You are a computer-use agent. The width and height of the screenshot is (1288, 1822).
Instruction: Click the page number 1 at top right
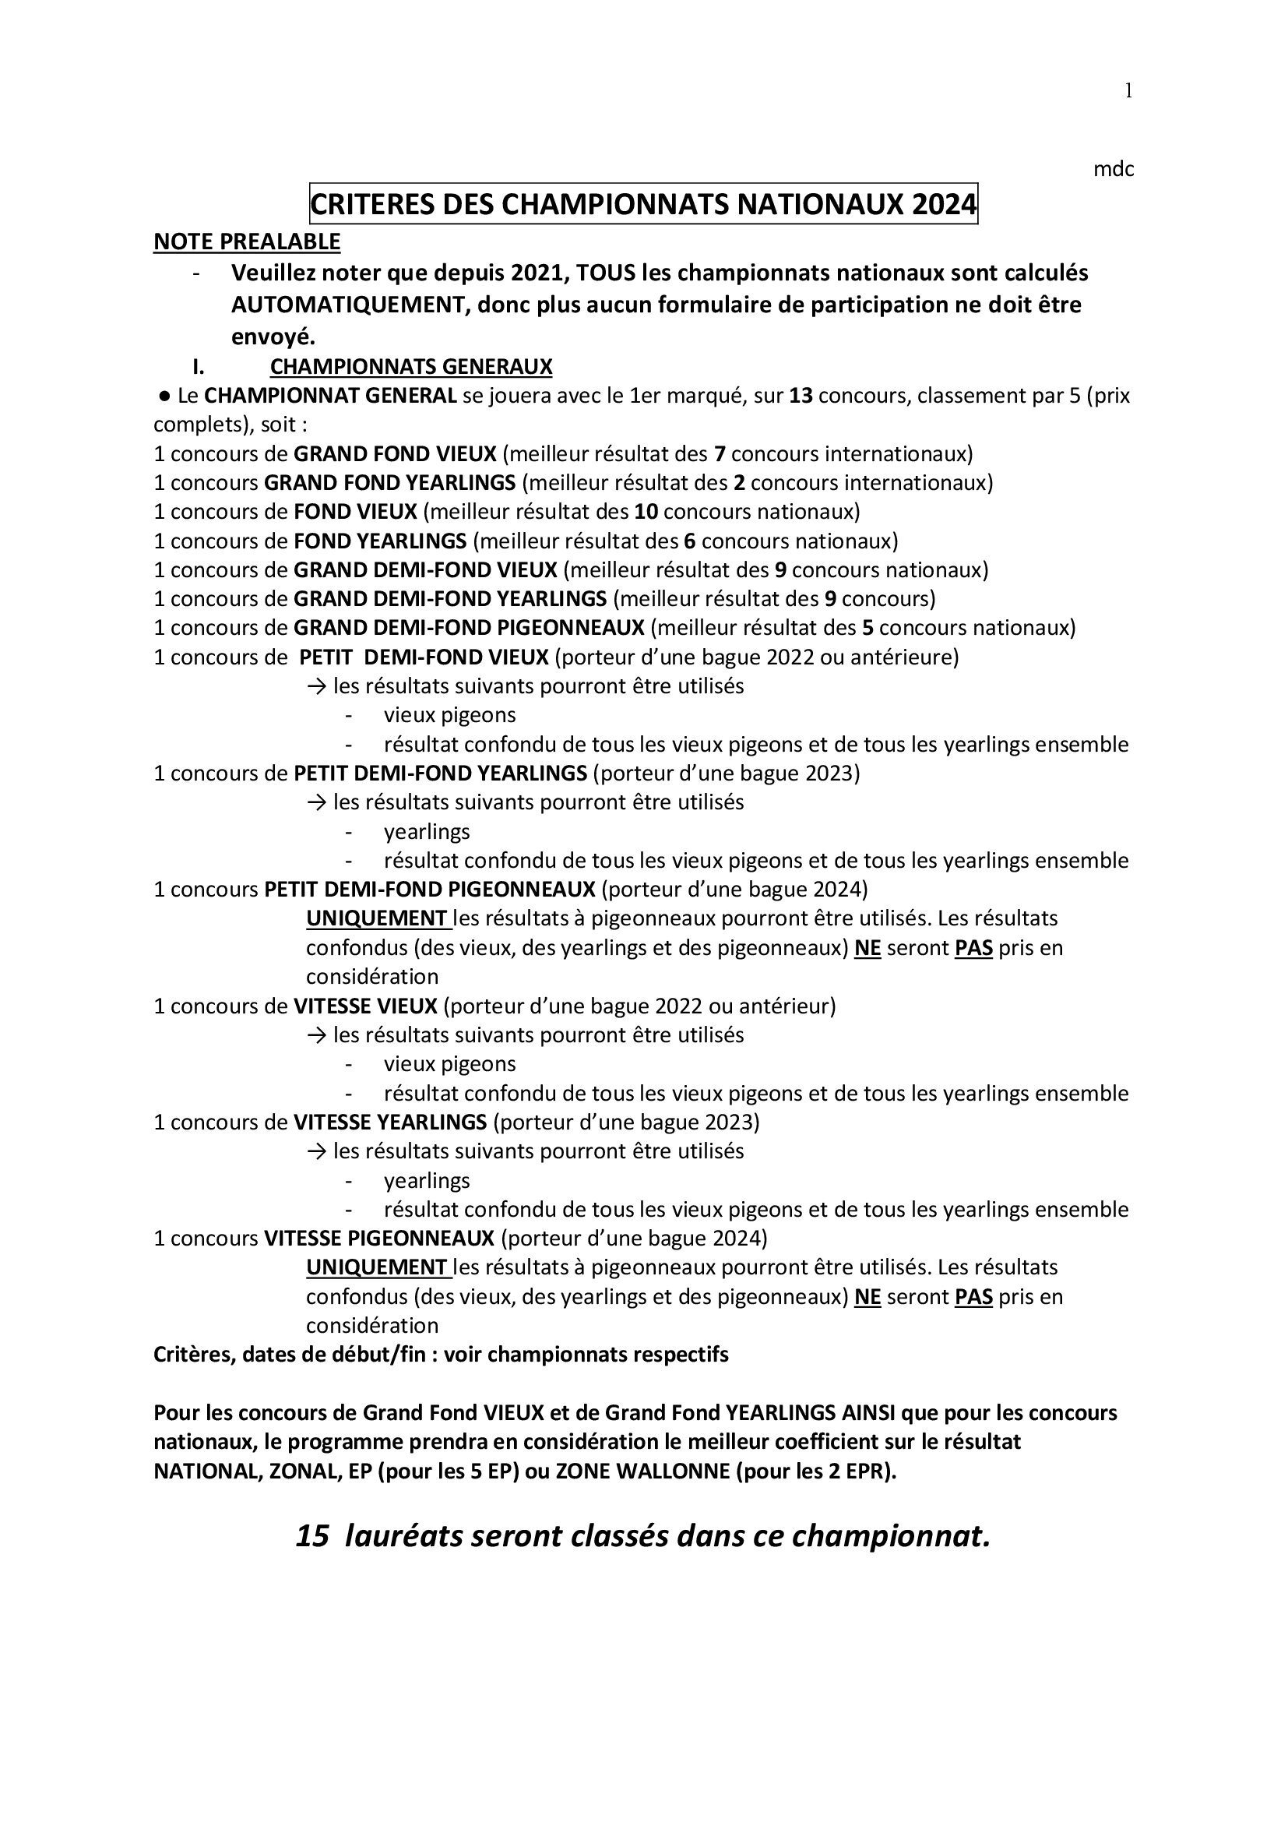pyautogui.click(x=1128, y=91)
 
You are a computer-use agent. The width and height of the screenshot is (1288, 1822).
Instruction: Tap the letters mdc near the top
pyautogui.click(x=1113, y=169)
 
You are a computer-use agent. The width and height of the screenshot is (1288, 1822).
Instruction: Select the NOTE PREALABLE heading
pyautogui.click(x=247, y=241)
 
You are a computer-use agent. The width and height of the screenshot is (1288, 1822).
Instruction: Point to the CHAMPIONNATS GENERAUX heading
pyautogui.click(x=411, y=367)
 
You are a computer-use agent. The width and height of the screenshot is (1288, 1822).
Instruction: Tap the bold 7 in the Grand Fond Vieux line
pyautogui.click(x=720, y=454)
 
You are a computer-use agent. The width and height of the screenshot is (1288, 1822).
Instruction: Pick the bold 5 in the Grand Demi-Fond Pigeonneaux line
pyautogui.click(x=867, y=628)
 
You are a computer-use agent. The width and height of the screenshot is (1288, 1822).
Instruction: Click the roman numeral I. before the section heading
pyautogui.click(x=198, y=367)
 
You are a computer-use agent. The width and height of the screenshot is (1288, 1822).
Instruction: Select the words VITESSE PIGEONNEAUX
pyautogui.click(x=379, y=1238)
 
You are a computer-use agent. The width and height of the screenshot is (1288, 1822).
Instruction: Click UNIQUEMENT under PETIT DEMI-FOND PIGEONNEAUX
pyautogui.click(x=377, y=918)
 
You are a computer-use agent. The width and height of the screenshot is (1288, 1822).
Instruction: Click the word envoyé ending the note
pyautogui.click(x=273, y=337)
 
